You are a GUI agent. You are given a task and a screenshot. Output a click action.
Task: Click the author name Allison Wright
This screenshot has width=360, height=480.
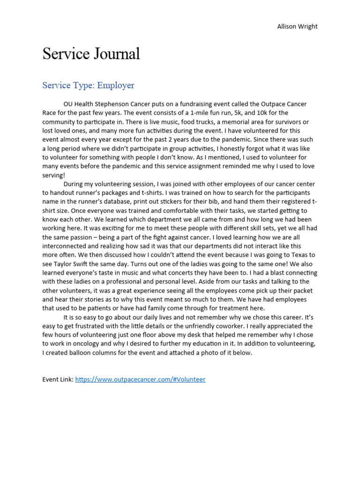(x=297, y=26)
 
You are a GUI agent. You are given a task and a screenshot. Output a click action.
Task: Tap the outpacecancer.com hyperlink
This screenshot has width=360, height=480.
(x=140, y=379)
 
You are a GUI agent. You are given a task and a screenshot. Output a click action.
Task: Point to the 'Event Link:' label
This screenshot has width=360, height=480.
(x=58, y=379)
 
